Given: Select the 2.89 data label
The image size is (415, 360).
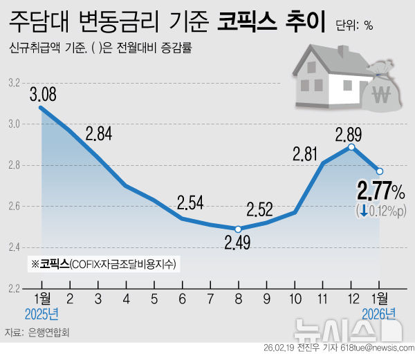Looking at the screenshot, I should coord(350,133).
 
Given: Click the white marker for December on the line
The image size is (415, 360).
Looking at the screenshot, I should coord(351,147).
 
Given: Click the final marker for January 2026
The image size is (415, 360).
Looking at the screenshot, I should coord(380,171).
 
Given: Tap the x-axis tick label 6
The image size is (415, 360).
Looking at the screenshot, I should coord(183,303).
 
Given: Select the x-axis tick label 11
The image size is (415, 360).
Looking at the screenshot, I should coord(323,303).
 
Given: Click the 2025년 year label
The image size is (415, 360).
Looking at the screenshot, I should coord(41,316).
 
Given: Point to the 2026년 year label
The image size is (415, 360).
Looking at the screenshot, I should coord(379,316).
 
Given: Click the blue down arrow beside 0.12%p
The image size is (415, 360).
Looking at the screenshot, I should coord(363,210).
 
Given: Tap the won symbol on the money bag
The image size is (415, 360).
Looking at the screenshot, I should coord(380,95).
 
